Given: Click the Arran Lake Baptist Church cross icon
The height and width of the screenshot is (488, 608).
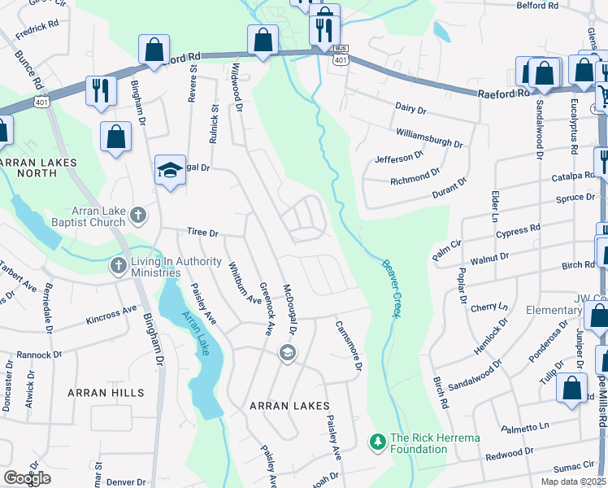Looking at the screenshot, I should pos(139,216).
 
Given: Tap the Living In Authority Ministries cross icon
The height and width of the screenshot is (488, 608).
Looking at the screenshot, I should pos(119,266).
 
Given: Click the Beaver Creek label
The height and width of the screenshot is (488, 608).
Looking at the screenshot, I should pos(389,288).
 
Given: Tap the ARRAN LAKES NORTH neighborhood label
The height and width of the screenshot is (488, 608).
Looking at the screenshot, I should pos(38,168).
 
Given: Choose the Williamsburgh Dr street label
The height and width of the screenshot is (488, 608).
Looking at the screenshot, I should pos(429,137).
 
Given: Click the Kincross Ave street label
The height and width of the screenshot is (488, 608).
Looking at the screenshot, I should pos(111,314).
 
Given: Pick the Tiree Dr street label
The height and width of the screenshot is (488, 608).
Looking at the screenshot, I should pos(203,233).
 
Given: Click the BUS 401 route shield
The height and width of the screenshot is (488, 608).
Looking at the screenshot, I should pos(341,54).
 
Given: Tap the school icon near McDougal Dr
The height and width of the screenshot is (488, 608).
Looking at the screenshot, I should pos(286,353).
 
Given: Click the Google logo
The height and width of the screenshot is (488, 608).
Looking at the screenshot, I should pos(28,478).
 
